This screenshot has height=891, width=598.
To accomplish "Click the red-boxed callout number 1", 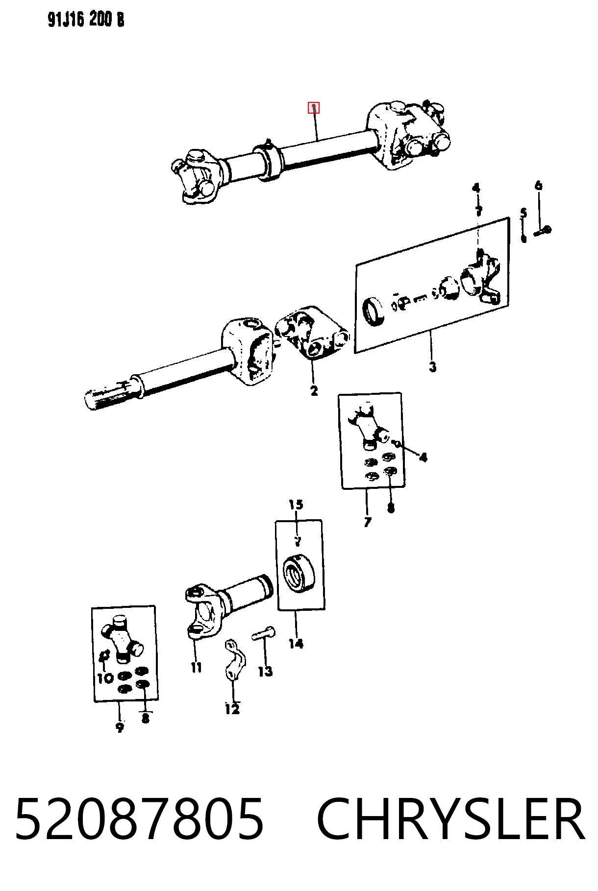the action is pyautogui.click(x=313, y=108).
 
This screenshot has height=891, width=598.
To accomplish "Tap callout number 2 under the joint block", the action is pyautogui.click(x=314, y=390).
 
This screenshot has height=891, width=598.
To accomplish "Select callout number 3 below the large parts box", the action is pyautogui.click(x=432, y=366).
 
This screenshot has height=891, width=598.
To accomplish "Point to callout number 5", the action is pyautogui.click(x=523, y=213).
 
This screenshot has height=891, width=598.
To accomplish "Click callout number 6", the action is pyautogui.click(x=538, y=185).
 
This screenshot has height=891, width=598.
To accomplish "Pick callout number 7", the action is pyautogui.click(x=368, y=522).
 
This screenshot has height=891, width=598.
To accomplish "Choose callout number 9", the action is pyautogui.click(x=120, y=727).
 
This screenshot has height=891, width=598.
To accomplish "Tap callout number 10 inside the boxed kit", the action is pyautogui.click(x=105, y=678).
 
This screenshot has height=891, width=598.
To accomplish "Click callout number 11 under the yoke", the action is pyautogui.click(x=196, y=667).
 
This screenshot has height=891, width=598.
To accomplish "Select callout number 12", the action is pyautogui.click(x=232, y=709).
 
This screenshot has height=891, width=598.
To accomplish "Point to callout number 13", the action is pyautogui.click(x=265, y=671).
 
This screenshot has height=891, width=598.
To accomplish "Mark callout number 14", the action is pyautogui.click(x=296, y=643).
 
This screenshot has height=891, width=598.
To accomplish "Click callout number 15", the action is pyautogui.click(x=296, y=504).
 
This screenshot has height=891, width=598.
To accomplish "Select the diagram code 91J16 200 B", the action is pyautogui.click(x=86, y=20).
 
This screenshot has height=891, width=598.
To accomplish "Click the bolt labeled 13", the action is pyautogui.click(x=263, y=633).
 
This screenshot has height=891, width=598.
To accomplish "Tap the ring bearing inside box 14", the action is pyautogui.click(x=298, y=572).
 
